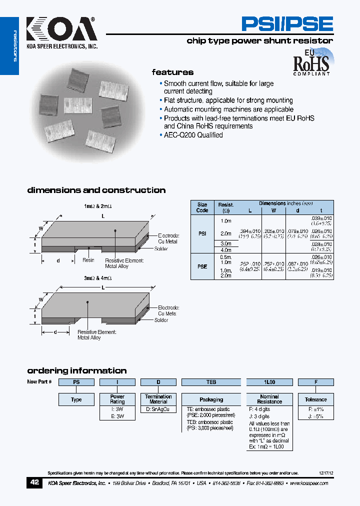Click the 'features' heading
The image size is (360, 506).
(x=172, y=72)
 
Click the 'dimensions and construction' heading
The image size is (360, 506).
(x=96, y=190)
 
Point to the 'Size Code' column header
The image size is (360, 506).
(x=202, y=207)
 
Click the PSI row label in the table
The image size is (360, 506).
(x=202, y=233)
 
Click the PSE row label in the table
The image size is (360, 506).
(x=202, y=267)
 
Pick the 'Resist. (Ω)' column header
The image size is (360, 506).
(x=225, y=207)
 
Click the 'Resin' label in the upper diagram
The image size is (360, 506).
(x=88, y=260)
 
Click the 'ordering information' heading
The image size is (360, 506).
(x=76, y=370)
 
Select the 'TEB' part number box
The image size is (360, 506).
(x=211, y=382)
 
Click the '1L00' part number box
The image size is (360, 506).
(x=269, y=382)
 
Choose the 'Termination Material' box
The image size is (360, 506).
(x=158, y=399)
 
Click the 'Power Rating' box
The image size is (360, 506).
(x=117, y=399)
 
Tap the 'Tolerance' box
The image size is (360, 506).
(x=315, y=399)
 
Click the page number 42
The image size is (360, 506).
(x=34, y=483)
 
